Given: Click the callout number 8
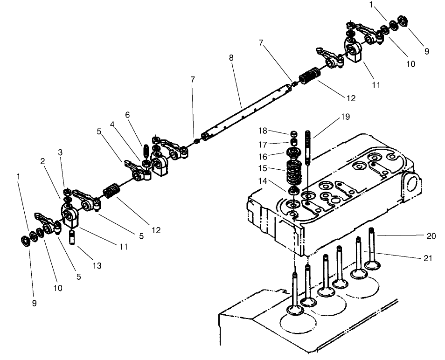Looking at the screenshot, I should click(x=231, y=58).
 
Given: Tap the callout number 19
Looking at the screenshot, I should click(x=345, y=117).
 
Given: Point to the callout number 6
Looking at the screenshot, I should click(x=127, y=115).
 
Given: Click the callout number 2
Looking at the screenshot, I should click(x=42, y=161).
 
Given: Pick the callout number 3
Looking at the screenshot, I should click(x=60, y=152).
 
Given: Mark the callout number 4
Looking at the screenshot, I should click(x=112, y=125).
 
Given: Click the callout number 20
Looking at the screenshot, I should click(x=431, y=236).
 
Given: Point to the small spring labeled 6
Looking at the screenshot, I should click(x=145, y=151).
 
